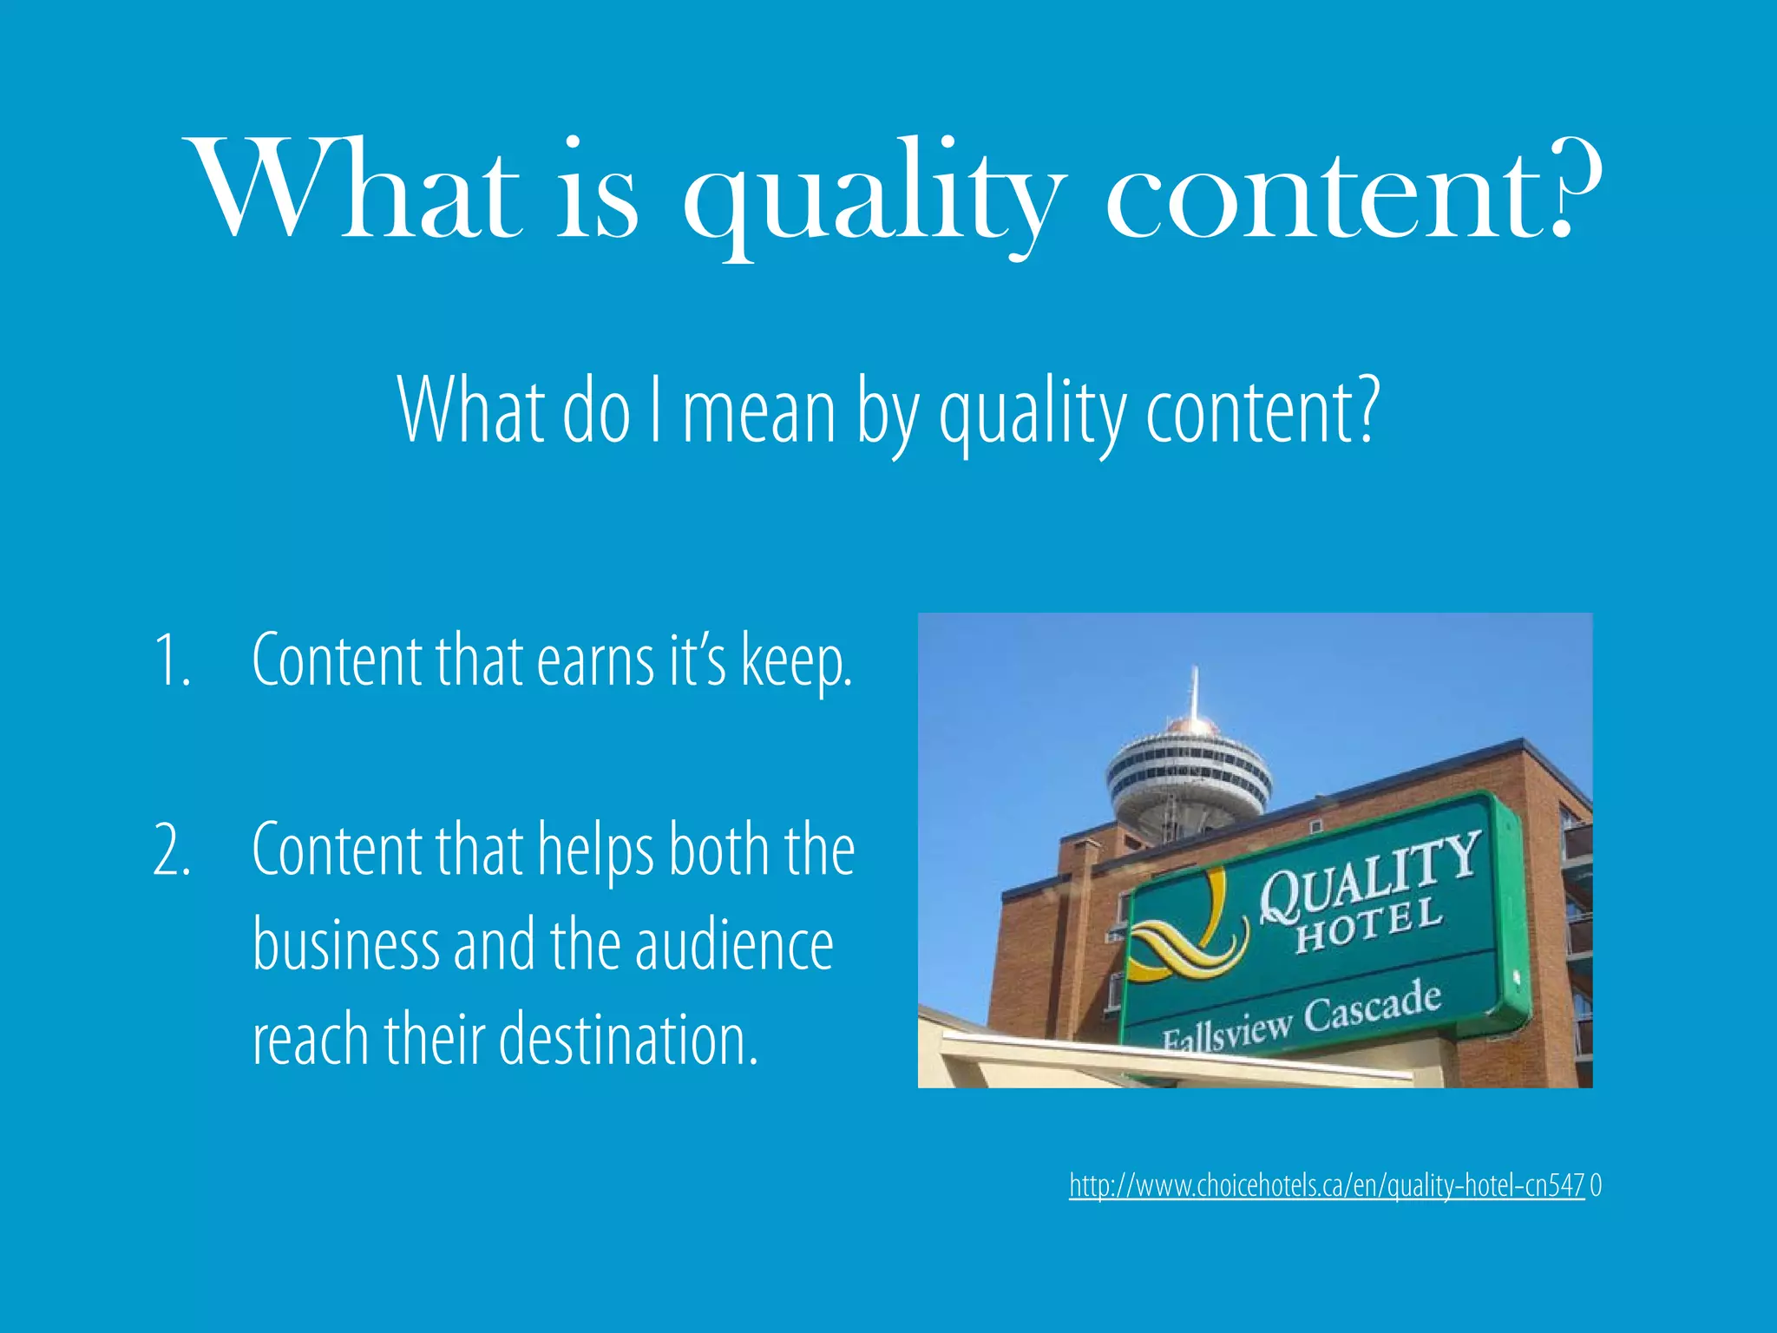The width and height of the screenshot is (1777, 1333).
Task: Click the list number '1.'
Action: [x=172, y=661]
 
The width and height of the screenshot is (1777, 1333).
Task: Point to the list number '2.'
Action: [x=172, y=850]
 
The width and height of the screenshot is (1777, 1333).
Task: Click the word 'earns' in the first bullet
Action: [x=595, y=661]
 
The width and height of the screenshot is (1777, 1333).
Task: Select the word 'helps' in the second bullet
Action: [x=595, y=850]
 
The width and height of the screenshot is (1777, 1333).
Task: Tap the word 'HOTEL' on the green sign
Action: [x=1369, y=927]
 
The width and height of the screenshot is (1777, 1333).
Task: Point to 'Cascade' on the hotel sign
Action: [x=1373, y=1007]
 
